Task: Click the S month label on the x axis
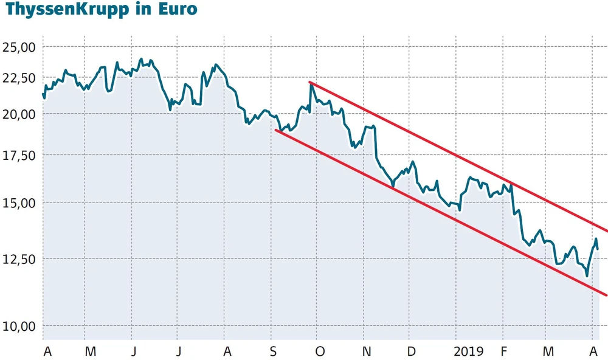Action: coord(273,351)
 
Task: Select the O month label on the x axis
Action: coord(320,351)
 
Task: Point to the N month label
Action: coord(366,351)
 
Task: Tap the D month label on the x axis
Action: coord(412,351)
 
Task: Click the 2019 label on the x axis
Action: coord(469,351)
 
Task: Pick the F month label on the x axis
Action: coord(503,351)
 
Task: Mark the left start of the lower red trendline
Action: coord(277,130)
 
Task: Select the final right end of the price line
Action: coord(598,249)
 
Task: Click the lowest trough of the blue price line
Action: coord(587,276)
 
